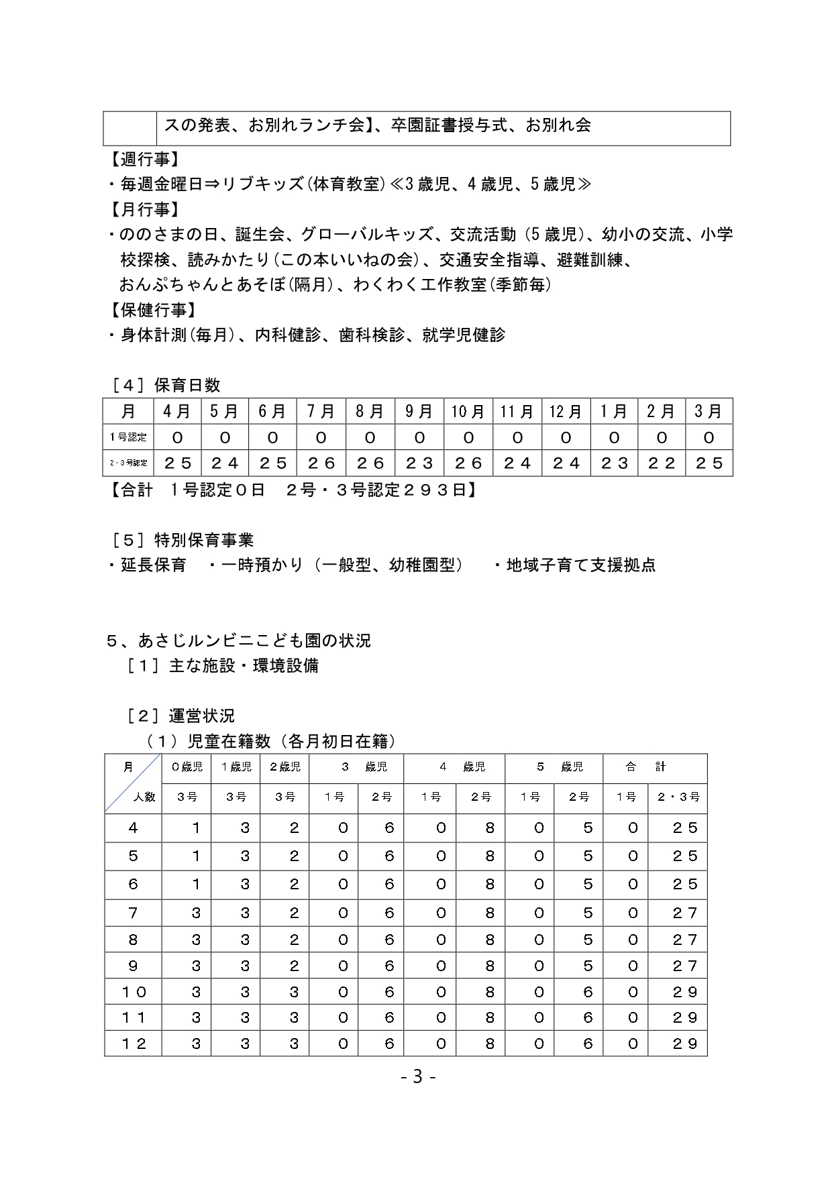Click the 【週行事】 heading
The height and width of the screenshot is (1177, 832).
143,160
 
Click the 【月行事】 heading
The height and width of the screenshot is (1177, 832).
143,210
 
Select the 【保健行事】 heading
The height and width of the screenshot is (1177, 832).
151,310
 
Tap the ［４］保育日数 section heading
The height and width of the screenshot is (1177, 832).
166,386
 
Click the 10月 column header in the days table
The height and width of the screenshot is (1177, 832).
468,411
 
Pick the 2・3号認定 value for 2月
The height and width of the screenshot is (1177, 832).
661,463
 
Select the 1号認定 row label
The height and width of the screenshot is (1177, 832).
128,437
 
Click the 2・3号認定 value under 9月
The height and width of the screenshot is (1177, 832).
419,463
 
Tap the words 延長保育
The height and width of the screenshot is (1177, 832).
154,565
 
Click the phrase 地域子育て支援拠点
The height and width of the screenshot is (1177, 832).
581,565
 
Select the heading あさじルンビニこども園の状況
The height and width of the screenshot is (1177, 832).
254,641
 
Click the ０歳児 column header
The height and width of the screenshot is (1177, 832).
187,767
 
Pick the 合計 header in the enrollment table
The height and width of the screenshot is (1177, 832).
645,767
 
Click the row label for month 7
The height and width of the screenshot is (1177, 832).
133,913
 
